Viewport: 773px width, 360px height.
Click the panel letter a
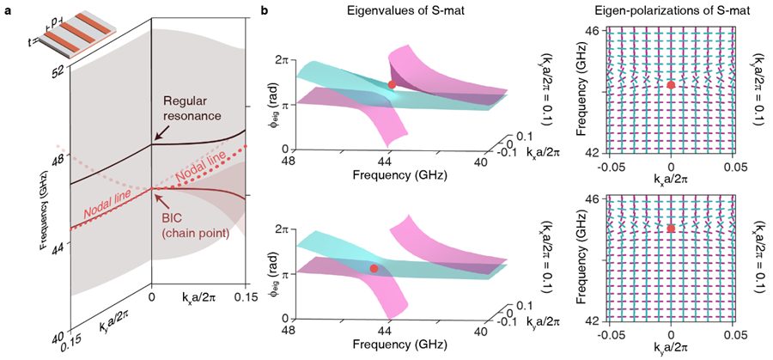(6, 9)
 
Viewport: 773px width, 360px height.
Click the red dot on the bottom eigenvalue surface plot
(374, 269)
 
